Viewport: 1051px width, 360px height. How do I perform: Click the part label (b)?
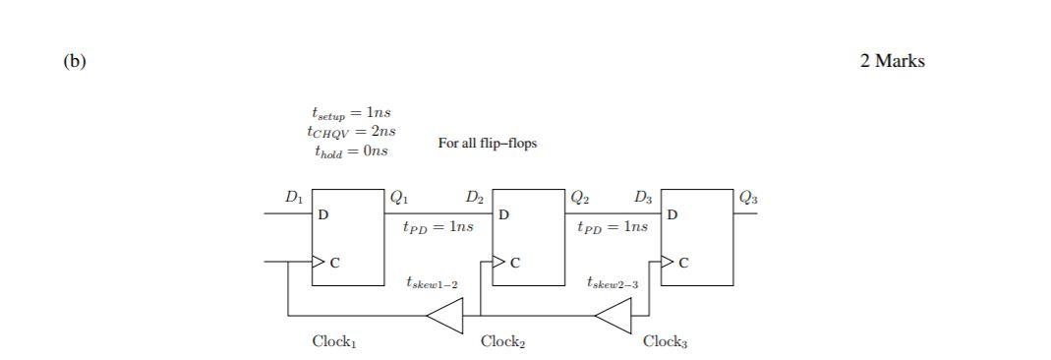[75, 61]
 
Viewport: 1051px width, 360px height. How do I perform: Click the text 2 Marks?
[892, 61]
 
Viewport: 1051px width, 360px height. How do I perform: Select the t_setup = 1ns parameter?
[351, 113]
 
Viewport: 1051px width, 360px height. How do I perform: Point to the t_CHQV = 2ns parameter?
[351, 132]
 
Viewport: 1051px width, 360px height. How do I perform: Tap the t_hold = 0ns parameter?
[351, 151]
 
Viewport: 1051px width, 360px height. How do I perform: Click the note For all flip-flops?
[488, 144]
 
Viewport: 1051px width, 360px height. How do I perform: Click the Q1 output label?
[399, 197]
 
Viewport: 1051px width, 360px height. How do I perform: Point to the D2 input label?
[475, 197]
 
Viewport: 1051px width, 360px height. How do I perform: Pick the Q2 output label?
[580, 197]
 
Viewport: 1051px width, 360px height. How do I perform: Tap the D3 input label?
[643, 197]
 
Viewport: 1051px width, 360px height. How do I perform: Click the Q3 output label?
[748, 197]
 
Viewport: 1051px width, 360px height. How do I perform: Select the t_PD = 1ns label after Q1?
[438, 227]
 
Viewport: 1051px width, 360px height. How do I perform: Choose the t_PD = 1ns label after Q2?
[613, 227]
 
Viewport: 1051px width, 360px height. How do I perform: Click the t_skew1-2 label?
[432, 283]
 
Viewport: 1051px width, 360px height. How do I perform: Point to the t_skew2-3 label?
[613, 283]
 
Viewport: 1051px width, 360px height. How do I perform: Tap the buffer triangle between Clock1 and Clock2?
[447, 316]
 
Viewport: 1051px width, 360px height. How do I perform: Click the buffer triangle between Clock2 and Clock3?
[616, 316]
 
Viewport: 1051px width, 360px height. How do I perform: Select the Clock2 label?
[502, 342]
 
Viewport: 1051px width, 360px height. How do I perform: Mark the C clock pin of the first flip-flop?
[334, 263]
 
